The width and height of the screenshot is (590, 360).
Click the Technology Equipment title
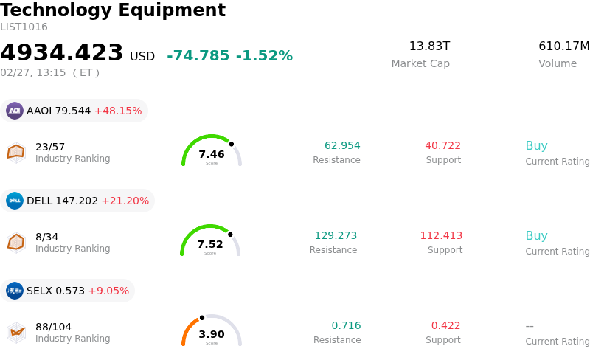pos(113,11)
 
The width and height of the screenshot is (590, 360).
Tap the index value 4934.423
pos(62,53)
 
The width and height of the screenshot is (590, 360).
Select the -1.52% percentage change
pos(264,56)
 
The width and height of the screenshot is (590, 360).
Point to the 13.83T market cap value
pos(429,46)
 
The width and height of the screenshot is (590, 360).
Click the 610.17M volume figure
pos(563,46)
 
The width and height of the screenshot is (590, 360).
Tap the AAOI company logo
pos(15,111)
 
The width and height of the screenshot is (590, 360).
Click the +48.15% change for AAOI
pos(118,111)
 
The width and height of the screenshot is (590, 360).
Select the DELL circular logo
pos(15,201)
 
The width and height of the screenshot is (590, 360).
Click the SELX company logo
pos(15,291)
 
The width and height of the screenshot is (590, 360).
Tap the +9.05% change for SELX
pos(108,291)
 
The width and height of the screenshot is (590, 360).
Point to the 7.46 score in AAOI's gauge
pos(212,154)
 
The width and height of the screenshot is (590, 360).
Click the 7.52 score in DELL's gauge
pos(210,244)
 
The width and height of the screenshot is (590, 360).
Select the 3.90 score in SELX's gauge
pos(212,334)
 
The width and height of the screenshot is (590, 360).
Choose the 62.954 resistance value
pos(342,146)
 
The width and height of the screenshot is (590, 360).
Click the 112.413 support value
pos(441,236)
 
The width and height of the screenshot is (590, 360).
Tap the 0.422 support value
pos(445,326)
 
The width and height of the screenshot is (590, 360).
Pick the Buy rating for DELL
pos(536,236)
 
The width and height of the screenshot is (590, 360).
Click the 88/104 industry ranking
pos(53,327)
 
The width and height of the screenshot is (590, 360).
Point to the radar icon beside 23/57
pos(15,152)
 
